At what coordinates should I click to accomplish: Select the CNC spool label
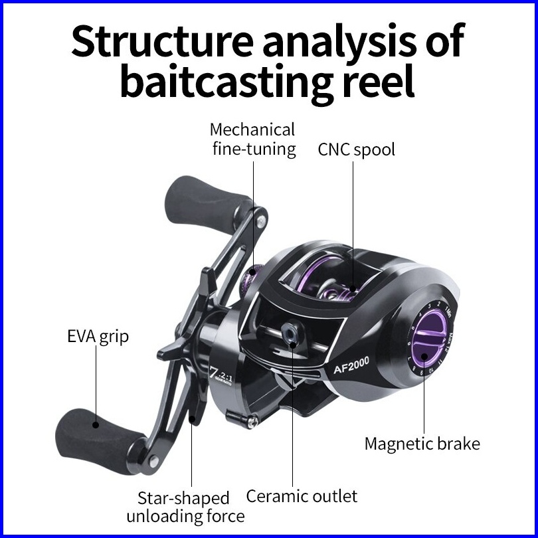(356, 149)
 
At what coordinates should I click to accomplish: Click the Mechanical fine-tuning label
(253, 138)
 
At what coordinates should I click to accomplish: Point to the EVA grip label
(98, 337)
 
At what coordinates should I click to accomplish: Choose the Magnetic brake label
(422, 444)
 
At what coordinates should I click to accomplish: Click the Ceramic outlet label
(302, 495)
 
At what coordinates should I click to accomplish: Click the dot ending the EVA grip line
(95, 423)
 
